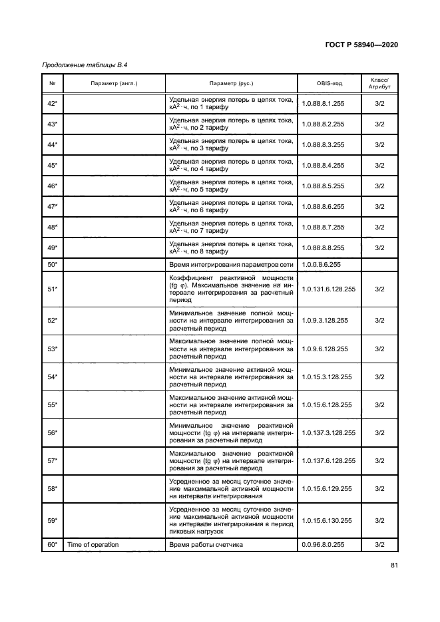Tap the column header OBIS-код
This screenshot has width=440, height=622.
[x=329, y=83]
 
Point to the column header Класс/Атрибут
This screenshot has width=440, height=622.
[x=379, y=83]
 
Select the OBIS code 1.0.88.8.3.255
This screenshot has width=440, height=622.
[x=323, y=144]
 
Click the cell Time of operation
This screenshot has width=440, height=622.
[x=93, y=545]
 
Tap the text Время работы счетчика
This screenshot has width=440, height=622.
[x=206, y=545]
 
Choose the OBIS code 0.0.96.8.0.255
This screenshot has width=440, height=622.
[x=323, y=545]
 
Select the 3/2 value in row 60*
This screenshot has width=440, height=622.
[x=379, y=545]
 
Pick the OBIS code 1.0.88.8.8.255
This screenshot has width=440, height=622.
[x=323, y=247]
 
